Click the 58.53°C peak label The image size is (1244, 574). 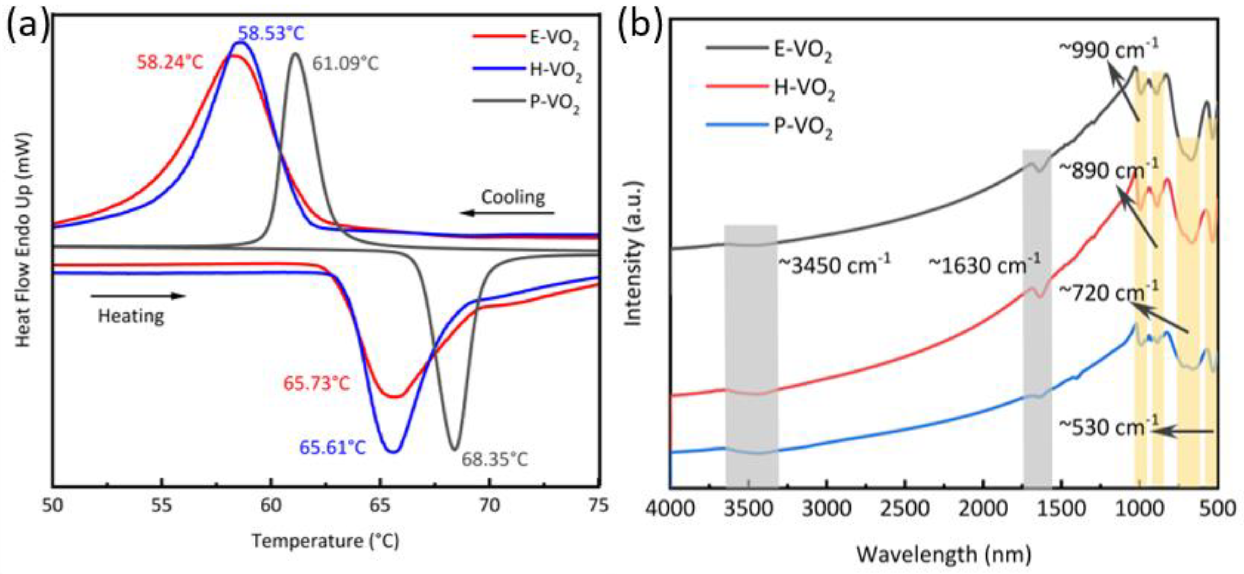271,34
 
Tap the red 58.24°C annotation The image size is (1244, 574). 170,62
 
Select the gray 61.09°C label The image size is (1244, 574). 345,64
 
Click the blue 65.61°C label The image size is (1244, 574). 333,447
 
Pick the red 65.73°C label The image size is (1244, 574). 316,384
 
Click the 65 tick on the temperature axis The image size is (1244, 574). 380,505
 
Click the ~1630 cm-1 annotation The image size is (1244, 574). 984,265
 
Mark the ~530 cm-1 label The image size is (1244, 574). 1108,427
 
